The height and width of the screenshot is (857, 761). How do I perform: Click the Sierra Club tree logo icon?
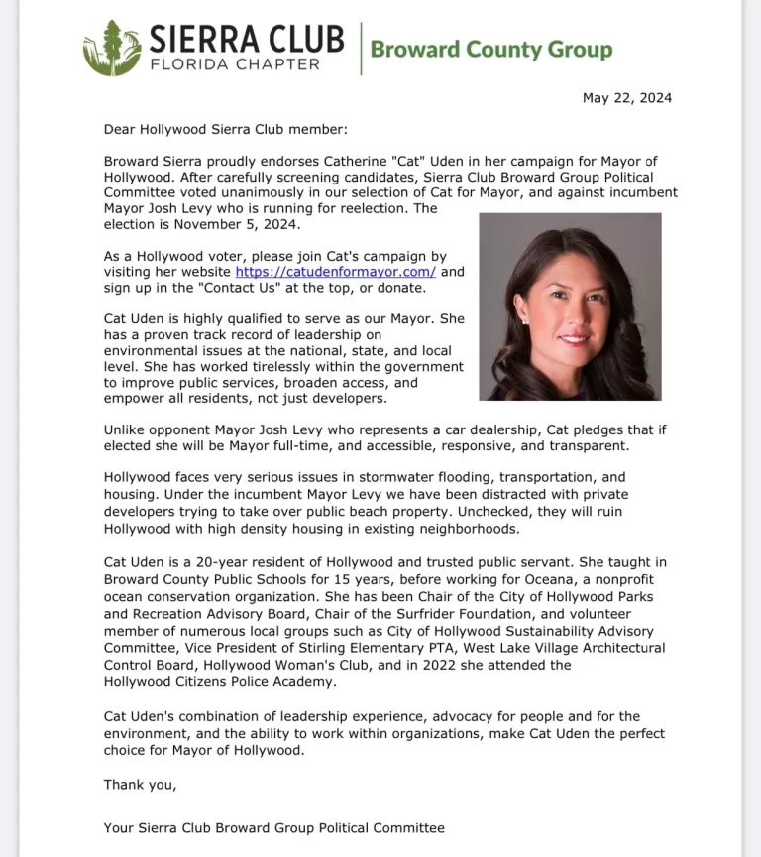pos(111,48)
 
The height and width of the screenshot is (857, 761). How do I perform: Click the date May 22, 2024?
pos(626,97)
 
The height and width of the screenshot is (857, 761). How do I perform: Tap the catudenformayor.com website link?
pos(336,271)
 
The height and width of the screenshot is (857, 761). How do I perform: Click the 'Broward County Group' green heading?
pos(490,49)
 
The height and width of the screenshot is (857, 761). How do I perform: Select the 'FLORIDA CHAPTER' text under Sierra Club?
pos(234,64)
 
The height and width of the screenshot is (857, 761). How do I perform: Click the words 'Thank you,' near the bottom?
pos(140,785)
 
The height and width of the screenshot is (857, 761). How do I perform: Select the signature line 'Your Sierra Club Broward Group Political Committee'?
pos(274,827)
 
